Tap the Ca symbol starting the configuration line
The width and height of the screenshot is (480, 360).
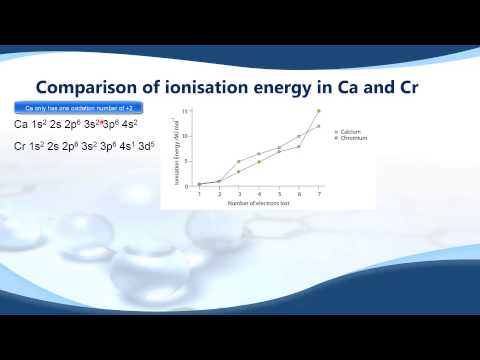pos(21,124)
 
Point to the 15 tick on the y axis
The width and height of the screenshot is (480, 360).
pos(186,110)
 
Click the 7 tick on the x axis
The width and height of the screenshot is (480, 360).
pos(319,193)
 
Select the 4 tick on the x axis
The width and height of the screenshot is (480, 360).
pos(259,193)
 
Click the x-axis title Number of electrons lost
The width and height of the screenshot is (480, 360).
pos(258,202)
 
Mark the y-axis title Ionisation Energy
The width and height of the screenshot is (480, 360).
pos(177,150)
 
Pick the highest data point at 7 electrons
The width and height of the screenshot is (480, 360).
pos(319,110)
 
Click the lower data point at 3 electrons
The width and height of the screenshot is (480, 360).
pos(239,171)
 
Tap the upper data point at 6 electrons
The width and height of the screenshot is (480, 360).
pos(299,136)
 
